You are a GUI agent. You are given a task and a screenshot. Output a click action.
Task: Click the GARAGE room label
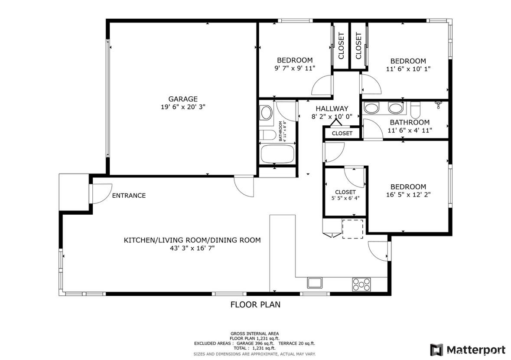[183, 99]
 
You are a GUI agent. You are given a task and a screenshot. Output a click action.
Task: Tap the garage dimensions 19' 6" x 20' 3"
[183, 107]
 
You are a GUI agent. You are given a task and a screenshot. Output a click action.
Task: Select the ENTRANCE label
[129, 196]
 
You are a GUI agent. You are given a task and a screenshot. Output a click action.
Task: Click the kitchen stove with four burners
[361, 285]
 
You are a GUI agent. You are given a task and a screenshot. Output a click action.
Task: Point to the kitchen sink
[315, 283]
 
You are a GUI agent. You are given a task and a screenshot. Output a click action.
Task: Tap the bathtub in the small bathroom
[278, 154]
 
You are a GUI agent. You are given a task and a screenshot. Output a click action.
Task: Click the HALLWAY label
[332, 108]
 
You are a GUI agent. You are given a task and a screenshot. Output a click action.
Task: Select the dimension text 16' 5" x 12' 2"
[408, 195]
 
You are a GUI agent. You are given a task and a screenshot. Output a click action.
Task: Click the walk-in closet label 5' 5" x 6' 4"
[345, 198]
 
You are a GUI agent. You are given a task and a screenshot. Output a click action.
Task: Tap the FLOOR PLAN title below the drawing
[256, 304]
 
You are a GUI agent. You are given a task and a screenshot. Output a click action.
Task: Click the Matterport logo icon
[436, 350]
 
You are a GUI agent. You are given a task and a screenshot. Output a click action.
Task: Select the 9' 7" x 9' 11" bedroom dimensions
[295, 68]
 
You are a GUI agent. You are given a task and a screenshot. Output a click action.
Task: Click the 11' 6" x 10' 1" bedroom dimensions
[408, 69]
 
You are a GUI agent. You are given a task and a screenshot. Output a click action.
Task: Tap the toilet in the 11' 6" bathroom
[415, 110]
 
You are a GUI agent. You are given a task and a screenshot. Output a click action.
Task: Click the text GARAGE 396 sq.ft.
[255, 344]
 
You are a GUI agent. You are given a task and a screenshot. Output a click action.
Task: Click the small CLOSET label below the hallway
[342, 133]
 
